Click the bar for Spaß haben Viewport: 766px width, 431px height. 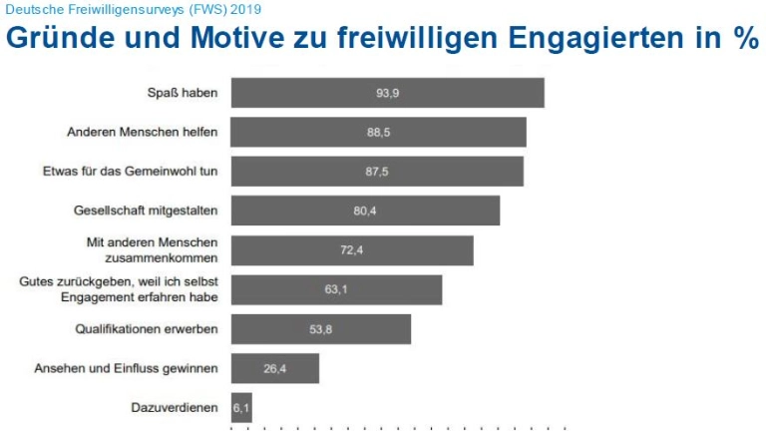[387, 93]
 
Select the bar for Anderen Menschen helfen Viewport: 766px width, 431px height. [378, 132]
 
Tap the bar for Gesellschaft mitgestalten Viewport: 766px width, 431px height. [365, 211]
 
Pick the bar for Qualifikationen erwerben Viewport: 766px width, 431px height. [320, 328]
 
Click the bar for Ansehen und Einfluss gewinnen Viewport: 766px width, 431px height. [274, 368]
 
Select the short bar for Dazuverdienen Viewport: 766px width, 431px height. [241, 407]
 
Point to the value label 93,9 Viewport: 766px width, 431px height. [388, 93]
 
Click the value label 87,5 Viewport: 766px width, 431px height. [377, 172]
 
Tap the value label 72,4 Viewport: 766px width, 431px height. [351, 250]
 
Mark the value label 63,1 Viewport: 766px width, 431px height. [336, 289]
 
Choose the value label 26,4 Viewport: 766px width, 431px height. [275, 368]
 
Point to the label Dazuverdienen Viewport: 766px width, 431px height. [175, 407]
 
